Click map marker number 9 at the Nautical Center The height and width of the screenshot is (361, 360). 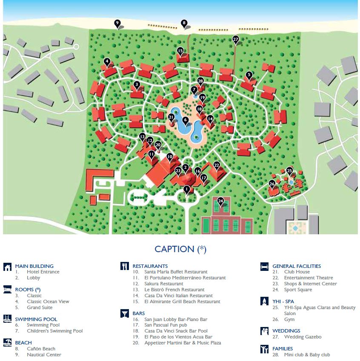click(x=117, y=23)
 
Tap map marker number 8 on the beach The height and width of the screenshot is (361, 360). click(x=184, y=23)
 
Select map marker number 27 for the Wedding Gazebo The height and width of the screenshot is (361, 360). click(x=236, y=39)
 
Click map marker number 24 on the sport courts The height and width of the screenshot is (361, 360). click(x=220, y=201)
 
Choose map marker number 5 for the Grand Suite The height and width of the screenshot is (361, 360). click(x=249, y=75)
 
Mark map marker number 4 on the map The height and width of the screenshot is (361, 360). click(x=107, y=61)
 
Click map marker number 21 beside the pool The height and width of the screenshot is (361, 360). click(x=171, y=117)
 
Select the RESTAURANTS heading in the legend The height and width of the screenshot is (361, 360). click(x=150, y=266)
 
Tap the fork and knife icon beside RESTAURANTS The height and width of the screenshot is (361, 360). click(x=124, y=267)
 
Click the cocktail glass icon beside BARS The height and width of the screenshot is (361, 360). click(x=124, y=314)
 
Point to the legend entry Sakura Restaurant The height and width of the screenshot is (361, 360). click(x=164, y=284)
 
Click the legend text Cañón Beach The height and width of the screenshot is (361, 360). click(x=41, y=349)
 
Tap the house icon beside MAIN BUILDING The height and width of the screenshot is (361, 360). click(x=7, y=267)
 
